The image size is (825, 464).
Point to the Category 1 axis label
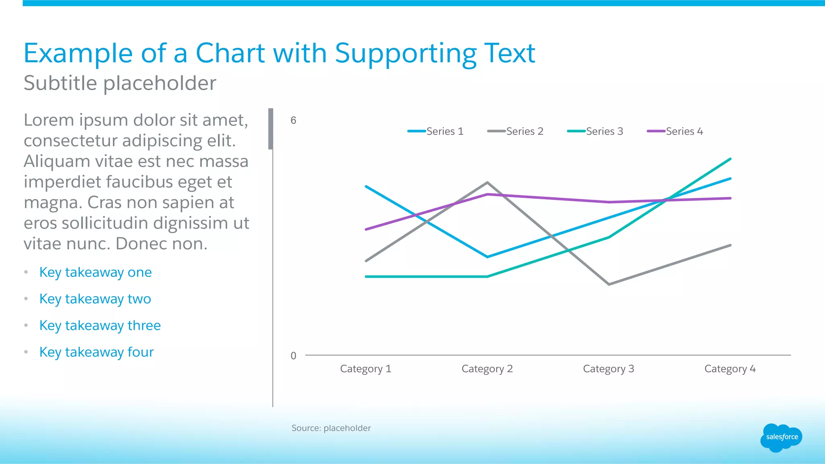click(365, 369)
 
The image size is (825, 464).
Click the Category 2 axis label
click(487, 369)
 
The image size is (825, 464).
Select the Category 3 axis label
click(608, 369)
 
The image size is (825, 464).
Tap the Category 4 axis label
click(730, 369)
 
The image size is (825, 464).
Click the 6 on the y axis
click(293, 120)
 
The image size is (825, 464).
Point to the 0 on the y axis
click(293, 356)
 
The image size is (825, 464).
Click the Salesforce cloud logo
click(781, 437)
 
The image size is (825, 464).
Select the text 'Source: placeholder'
click(331, 428)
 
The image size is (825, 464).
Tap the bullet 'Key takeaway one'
click(95, 272)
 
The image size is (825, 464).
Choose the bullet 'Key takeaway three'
click(100, 326)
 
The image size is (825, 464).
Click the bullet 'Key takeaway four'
click(97, 352)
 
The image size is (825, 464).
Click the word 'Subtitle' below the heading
click(60, 83)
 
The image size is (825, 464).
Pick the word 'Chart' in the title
click(230, 53)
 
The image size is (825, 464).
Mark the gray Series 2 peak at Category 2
click(487, 183)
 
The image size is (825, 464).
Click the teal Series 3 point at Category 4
click(730, 159)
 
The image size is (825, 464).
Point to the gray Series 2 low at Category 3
click(609, 284)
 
